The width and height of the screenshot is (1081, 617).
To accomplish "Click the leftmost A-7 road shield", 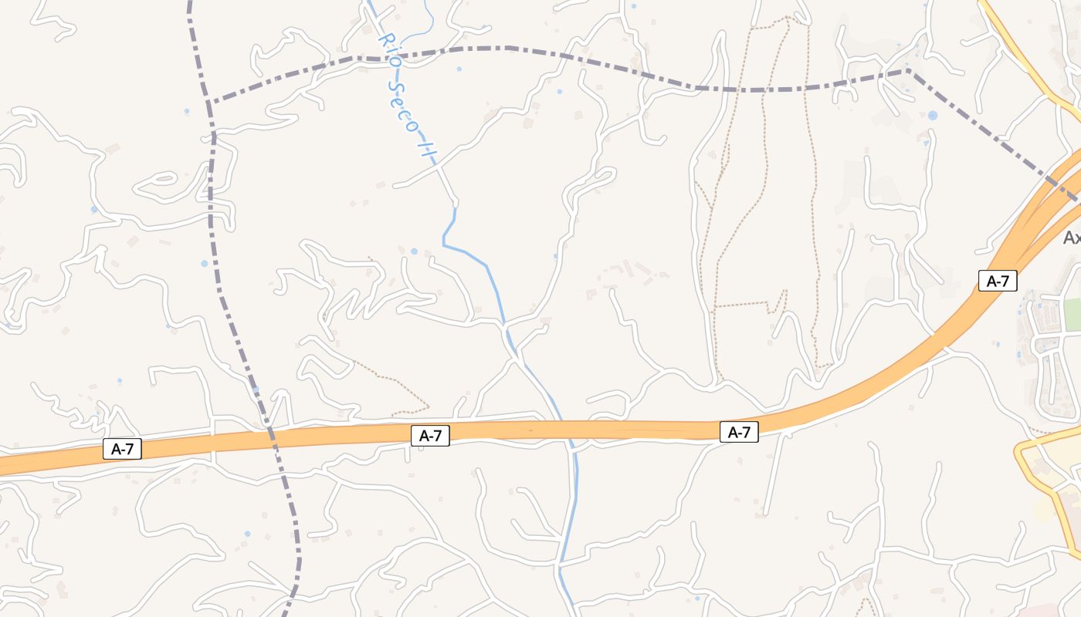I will point(122,449).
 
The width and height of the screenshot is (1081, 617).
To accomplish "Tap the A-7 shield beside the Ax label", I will point(998,281).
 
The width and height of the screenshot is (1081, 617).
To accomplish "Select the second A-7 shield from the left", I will point(430,435).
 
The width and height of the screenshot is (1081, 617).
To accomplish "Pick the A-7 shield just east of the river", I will point(739,432).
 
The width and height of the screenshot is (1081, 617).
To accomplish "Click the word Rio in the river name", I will point(388,49).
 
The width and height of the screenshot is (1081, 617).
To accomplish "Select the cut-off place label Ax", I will point(1072,238).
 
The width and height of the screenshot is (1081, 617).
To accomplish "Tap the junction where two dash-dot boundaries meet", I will point(208,102).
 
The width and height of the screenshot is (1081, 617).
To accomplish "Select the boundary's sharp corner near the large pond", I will point(908,71).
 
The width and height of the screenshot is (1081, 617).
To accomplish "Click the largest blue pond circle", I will point(933,116).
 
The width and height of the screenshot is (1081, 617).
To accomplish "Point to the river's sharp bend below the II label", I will point(444,244).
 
